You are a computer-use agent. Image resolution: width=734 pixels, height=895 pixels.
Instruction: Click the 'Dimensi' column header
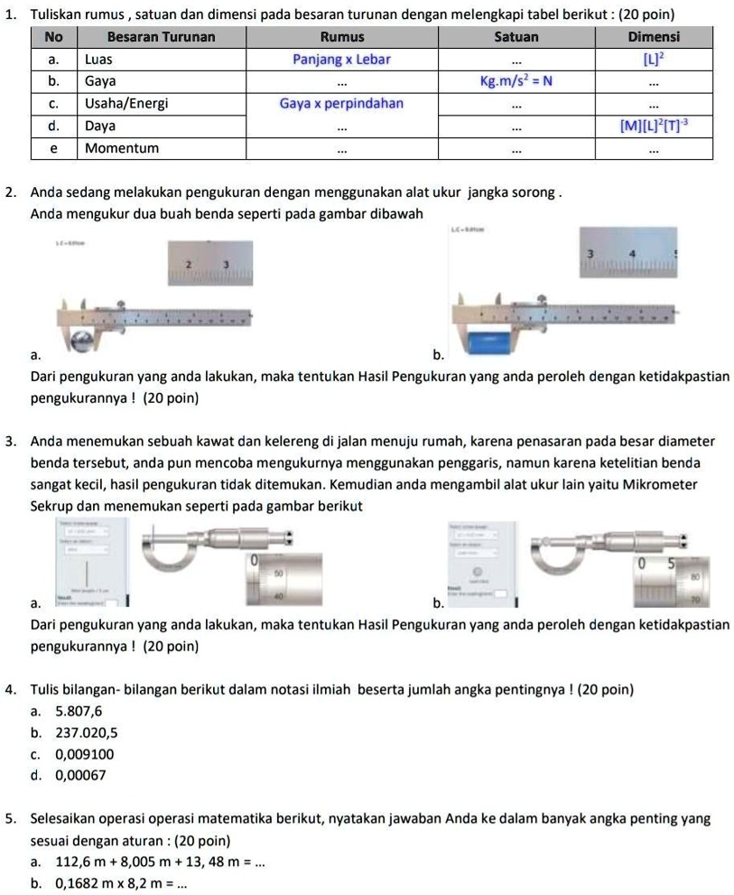[x=654, y=37]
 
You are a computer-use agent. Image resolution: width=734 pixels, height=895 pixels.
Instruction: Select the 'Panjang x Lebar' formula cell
[x=341, y=59]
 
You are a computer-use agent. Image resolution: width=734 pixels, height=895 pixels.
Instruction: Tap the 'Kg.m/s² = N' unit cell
[x=516, y=80]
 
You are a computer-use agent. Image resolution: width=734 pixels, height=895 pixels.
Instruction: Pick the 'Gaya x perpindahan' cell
[x=341, y=103]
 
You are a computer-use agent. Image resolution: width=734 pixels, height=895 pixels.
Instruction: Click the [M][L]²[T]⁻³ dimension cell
[x=654, y=126]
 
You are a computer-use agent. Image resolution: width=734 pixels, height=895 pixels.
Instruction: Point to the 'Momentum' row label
[x=122, y=147]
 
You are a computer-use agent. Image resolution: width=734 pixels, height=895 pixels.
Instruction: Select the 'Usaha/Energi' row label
[x=126, y=103]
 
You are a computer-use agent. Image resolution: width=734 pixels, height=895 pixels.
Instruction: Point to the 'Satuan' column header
[x=516, y=37]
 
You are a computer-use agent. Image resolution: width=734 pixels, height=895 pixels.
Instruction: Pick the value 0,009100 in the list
[x=85, y=753]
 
